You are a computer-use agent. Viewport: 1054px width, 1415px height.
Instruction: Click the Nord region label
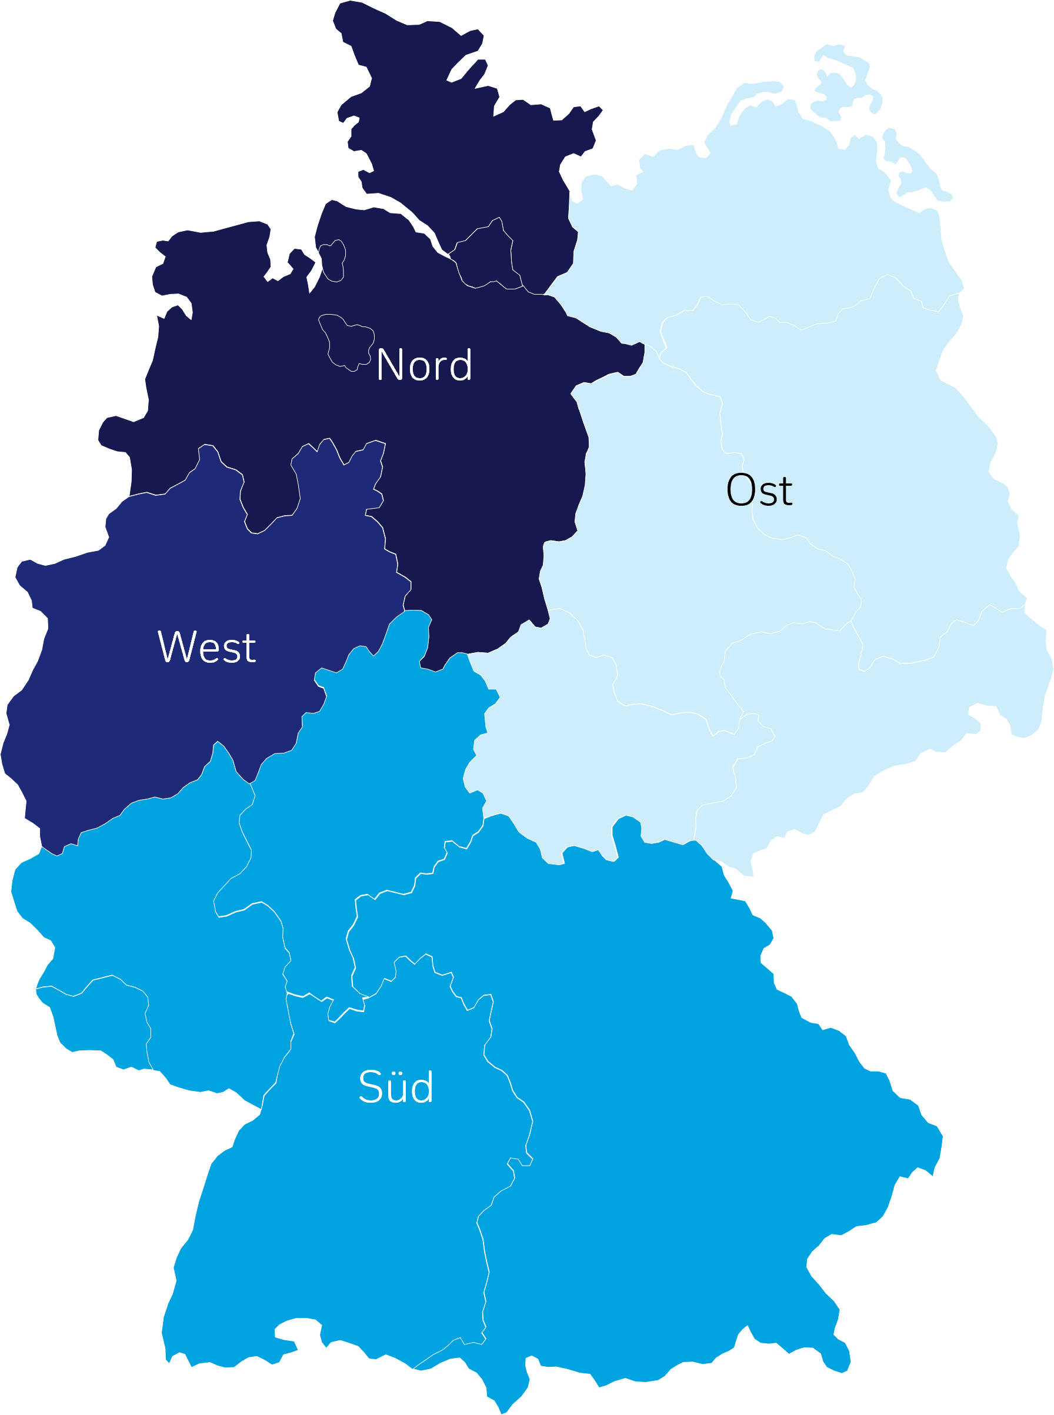click(x=424, y=366)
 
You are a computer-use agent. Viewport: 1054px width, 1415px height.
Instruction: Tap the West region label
click(x=206, y=648)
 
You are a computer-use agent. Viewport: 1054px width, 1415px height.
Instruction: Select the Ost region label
click(x=759, y=491)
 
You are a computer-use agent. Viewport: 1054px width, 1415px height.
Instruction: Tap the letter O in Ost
click(x=740, y=491)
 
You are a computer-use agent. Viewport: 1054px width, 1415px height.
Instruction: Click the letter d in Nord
click(x=461, y=366)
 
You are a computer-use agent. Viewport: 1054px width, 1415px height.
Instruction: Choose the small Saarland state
click(x=96, y=1021)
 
